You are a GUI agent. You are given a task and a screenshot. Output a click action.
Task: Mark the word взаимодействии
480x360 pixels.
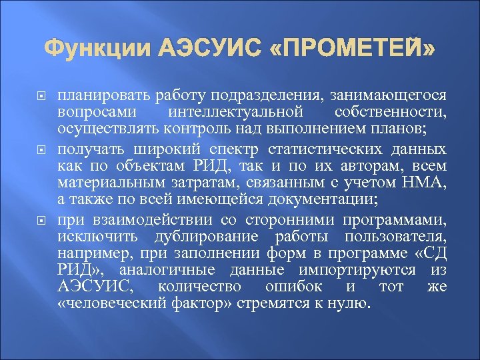(x=155, y=219)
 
